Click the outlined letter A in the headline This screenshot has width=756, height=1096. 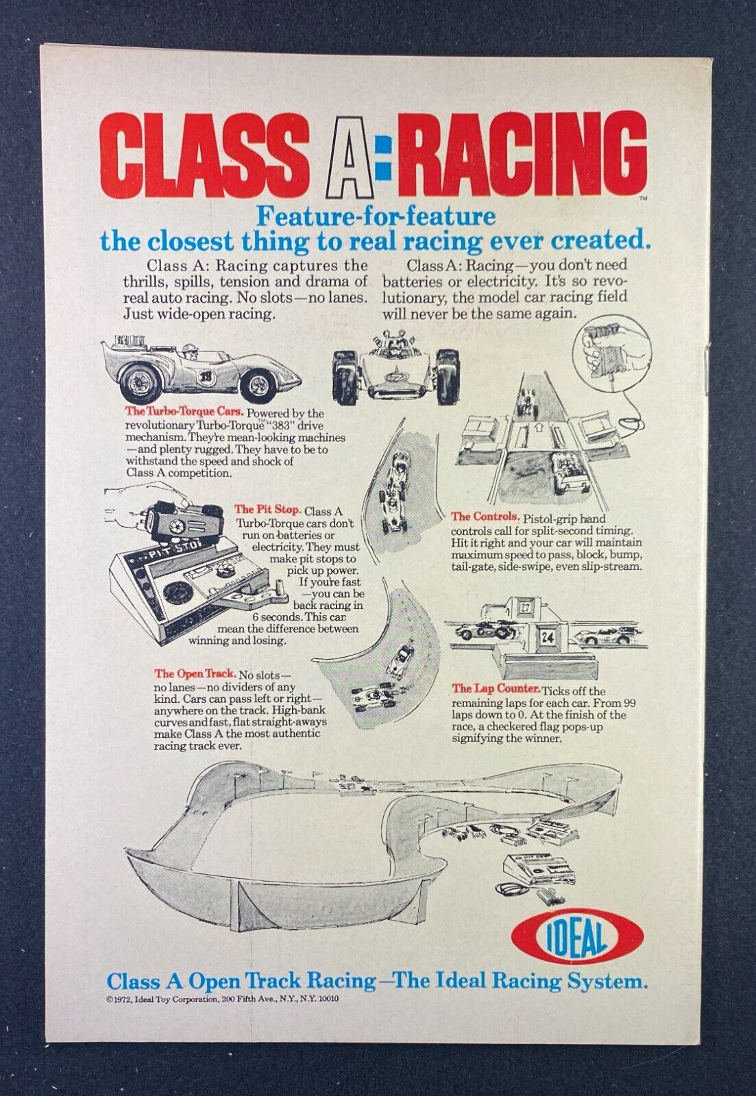[x=346, y=155]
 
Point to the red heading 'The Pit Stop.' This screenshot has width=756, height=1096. [x=267, y=510]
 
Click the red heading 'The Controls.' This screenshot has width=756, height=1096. [x=485, y=516]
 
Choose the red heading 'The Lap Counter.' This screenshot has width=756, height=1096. [x=496, y=689]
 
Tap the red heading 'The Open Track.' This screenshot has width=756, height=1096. [x=195, y=674]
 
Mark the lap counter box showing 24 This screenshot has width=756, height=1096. [x=546, y=636]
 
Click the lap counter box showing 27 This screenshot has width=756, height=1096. [x=525, y=608]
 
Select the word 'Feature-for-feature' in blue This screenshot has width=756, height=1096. [x=376, y=216]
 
